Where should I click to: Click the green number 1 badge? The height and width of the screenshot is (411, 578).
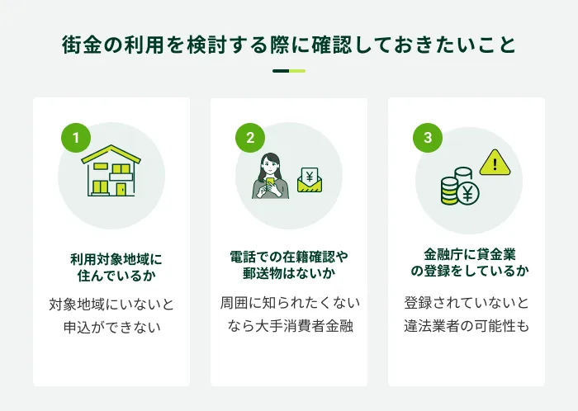(76, 138)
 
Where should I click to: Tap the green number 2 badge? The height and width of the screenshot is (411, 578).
(250, 138)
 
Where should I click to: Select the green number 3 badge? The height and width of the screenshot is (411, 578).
(428, 138)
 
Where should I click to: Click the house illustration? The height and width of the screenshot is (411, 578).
(111, 171)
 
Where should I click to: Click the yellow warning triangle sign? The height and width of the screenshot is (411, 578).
(495, 163)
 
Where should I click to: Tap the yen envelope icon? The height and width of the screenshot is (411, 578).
(310, 180)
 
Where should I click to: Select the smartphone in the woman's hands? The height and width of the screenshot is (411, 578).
(269, 182)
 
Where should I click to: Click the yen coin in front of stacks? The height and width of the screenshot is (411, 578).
(467, 193)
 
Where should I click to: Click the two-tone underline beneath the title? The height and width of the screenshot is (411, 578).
(289, 71)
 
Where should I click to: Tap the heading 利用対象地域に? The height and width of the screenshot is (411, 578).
(116, 259)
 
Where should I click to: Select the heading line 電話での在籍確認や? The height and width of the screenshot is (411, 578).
(289, 257)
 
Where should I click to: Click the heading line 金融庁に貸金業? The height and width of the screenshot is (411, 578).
(470, 254)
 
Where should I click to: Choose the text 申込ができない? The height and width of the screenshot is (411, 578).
(112, 327)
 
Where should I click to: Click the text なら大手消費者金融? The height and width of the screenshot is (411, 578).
(291, 325)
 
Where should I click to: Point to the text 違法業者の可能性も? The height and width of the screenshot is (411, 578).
(467, 326)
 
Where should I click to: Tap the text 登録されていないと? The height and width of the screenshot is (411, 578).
(467, 303)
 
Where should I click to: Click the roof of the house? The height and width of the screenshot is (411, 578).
(111, 154)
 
